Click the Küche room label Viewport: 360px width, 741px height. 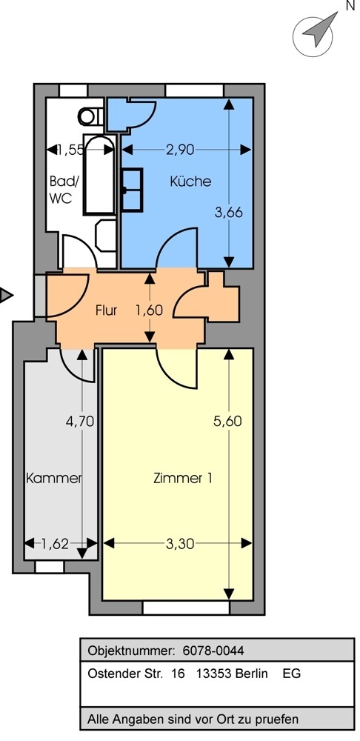pos(190,182)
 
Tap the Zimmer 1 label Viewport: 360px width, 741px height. pos(182,478)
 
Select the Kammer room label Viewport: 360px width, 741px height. pos(54,478)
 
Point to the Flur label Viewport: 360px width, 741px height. pos(107,310)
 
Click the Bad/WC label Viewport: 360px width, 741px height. pos(61,190)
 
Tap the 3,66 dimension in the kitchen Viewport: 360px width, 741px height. pos(229,213)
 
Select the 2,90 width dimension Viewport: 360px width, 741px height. pos(180,150)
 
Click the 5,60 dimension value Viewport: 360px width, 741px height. pos(227,421)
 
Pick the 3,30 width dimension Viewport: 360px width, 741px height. pos(180,544)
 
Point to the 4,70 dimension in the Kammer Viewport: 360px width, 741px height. pos(80,421)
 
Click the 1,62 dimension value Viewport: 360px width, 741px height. pos(56,544)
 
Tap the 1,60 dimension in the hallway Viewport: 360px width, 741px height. pos(150,310)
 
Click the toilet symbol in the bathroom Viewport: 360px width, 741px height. pos(90,116)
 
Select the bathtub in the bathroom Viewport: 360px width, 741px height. pos(99,175)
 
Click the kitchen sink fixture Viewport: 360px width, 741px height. pos(132,190)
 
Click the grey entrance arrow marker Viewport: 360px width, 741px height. pos(6,296)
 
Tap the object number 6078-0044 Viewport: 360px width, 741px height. pos(213,651)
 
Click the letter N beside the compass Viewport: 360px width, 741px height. pos(350,6)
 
